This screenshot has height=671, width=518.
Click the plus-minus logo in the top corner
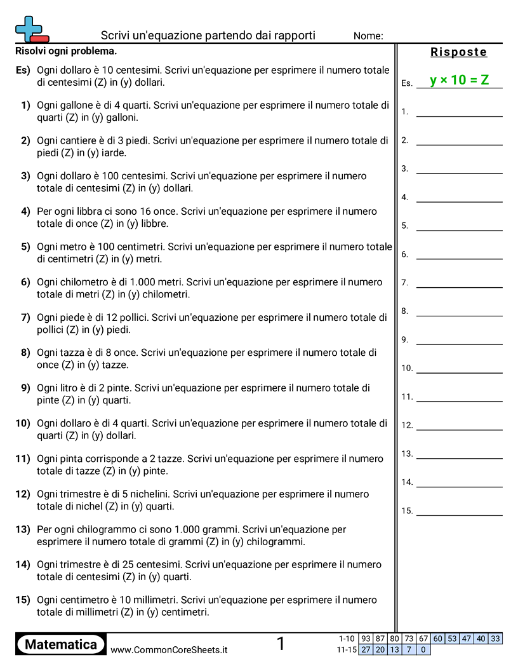[31, 29]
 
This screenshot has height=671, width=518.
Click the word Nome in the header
[368, 36]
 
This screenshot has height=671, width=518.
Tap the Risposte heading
[458, 52]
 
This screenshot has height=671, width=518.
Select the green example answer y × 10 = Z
[459, 80]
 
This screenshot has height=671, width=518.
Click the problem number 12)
[23, 494]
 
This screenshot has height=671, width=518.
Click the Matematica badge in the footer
[61, 644]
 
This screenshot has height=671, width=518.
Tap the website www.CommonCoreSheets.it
[169, 649]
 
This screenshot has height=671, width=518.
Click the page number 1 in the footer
[281, 644]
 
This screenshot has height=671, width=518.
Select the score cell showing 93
[366, 639]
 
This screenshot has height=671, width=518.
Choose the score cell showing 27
[366, 649]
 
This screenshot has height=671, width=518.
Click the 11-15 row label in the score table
[347, 649]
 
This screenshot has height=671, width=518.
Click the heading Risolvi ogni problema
[66, 51]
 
